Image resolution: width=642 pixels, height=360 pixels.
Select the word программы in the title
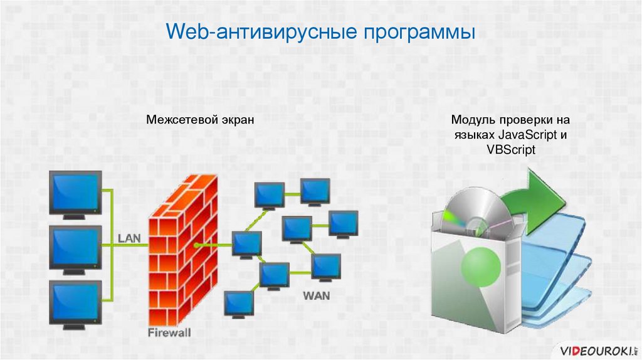tap(416, 33)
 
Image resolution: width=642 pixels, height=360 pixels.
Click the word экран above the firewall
tap(237, 119)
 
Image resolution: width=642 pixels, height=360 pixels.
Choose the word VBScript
tap(510, 151)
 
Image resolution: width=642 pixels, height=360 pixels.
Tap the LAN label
tap(130, 238)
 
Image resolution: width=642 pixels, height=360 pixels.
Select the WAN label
tap(317, 294)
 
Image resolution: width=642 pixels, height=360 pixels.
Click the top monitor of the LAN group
tap(75, 193)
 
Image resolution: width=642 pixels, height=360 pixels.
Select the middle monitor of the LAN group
tap(75, 246)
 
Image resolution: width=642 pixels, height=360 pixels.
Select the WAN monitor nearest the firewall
tap(246, 243)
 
